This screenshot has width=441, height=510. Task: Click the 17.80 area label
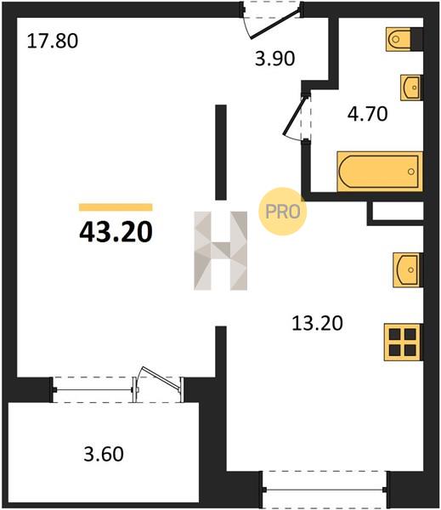[x=53, y=42]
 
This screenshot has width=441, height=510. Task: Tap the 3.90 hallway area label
[x=274, y=59]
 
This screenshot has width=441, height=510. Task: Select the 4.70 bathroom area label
[x=367, y=114]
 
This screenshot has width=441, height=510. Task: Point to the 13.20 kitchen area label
[x=317, y=323]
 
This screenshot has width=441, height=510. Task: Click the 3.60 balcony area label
[x=104, y=454]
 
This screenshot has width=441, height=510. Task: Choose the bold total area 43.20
[x=116, y=231]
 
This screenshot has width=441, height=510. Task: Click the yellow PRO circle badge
[x=283, y=212]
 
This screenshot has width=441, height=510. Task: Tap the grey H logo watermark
[x=221, y=251]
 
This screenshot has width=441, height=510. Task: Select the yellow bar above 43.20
[x=116, y=207]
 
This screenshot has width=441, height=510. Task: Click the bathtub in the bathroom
[x=380, y=171]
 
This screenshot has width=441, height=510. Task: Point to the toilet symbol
[x=399, y=39]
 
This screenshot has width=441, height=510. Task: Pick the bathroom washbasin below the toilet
[x=411, y=88]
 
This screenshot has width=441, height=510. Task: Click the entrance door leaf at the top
[x=274, y=25]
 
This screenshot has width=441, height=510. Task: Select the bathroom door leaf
[x=295, y=115]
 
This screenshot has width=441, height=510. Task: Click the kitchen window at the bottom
[x=325, y=490]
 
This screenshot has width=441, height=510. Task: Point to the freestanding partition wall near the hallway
[x=221, y=152]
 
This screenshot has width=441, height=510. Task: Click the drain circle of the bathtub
[x=411, y=172]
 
